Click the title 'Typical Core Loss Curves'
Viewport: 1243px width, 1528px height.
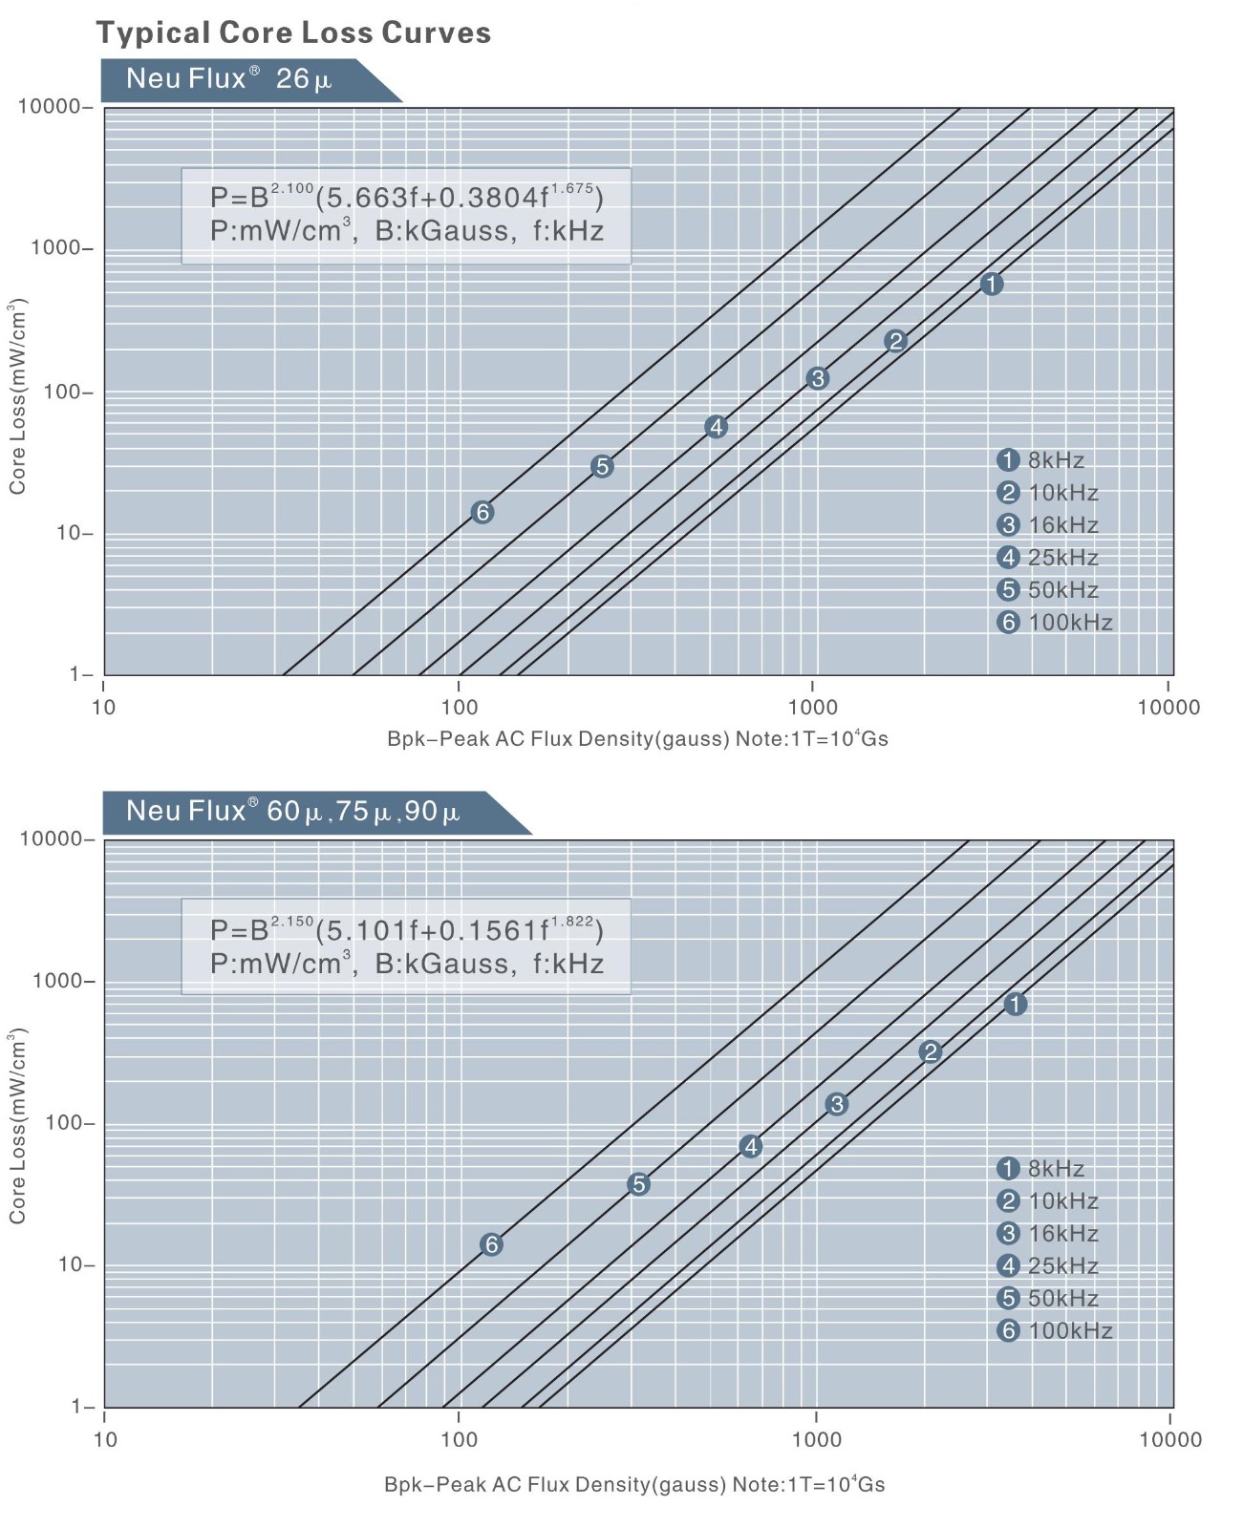point(293,32)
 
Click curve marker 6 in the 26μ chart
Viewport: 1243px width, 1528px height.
point(482,513)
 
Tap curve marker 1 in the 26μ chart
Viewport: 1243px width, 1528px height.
point(992,284)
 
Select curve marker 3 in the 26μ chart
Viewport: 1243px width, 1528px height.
point(817,379)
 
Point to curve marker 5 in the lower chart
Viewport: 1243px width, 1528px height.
point(638,1184)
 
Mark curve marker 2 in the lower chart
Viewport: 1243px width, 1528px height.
point(930,1052)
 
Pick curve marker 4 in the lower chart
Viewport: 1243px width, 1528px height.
point(751,1147)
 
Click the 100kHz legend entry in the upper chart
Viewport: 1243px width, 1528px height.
point(1055,623)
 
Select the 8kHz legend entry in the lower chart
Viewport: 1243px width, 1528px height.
point(1040,1169)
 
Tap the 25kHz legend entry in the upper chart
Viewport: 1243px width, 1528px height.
point(1048,558)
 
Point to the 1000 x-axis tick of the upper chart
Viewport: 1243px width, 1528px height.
point(812,708)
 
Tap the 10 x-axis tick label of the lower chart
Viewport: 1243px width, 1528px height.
point(105,1440)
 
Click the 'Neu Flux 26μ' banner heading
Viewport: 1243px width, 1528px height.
point(229,79)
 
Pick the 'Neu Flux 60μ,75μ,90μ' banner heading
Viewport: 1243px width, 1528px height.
point(292,812)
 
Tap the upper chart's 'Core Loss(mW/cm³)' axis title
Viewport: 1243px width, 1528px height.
point(17,396)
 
